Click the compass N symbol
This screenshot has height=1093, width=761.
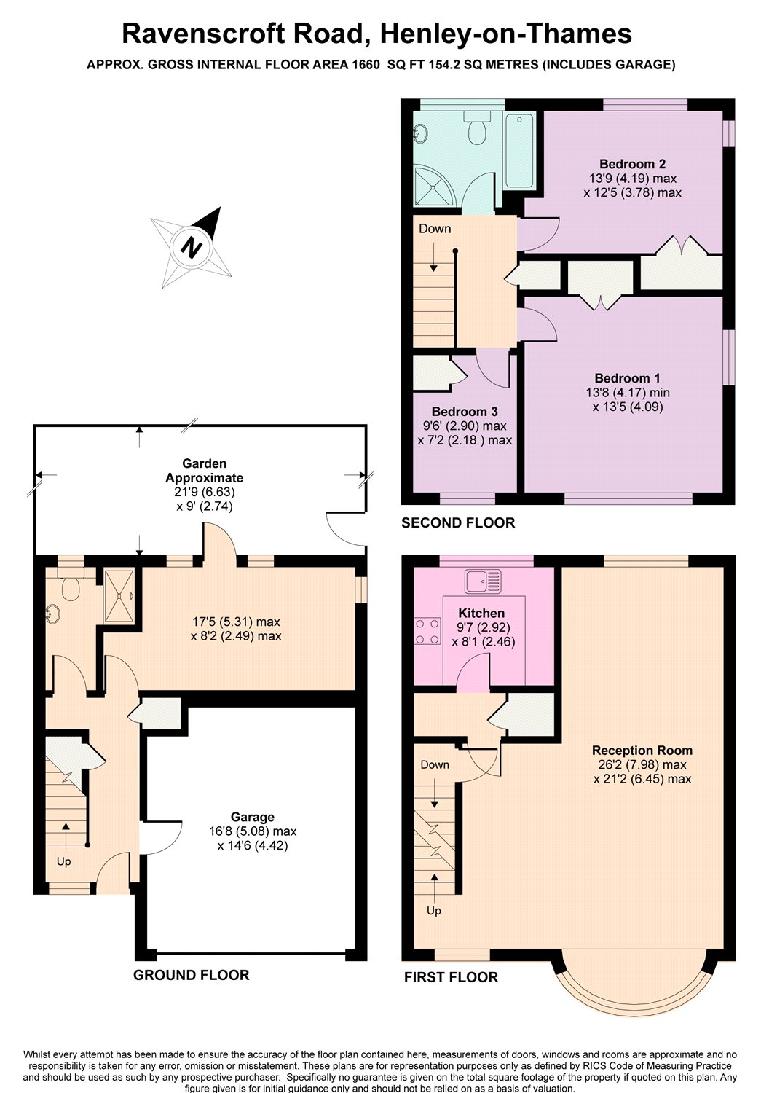tap(191, 248)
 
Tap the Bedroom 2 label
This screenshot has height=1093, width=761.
tap(632, 164)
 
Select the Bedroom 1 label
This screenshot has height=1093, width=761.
tap(628, 378)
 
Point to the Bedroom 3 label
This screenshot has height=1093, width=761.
tap(465, 412)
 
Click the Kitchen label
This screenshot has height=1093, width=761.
tap(481, 614)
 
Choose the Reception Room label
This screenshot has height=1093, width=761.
tap(642, 751)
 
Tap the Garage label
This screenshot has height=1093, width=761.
tap(253, 817)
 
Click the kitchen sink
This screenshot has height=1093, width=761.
tap(482, 581)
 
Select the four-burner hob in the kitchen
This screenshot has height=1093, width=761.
tap(427, 632)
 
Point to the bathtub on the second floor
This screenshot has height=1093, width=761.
tap(520, 149)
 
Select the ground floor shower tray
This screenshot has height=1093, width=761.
tap(119, 596)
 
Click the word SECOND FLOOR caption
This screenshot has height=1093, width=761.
tap(458, 523)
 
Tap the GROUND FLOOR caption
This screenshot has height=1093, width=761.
tap(191, 975)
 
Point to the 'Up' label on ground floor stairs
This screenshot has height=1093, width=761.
tap(64, 862)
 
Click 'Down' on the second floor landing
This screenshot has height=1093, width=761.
tap(435, 228)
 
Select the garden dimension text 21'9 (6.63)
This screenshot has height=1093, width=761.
tap(205, 492)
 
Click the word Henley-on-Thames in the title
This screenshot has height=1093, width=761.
tap(506, 34)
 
